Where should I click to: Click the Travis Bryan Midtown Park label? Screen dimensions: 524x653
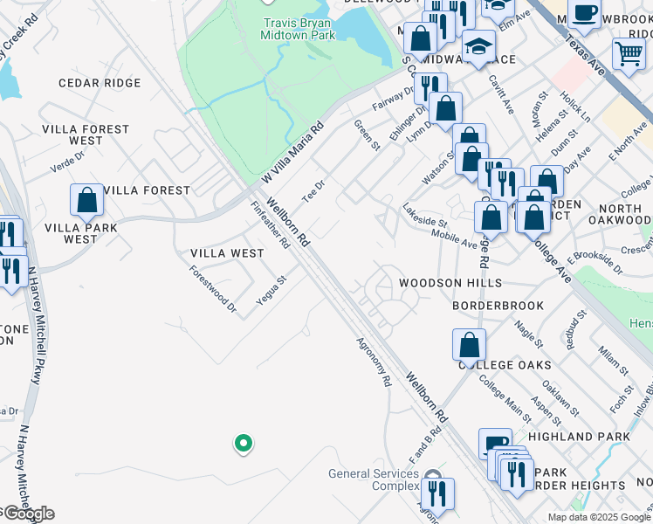click(x=298, y=29)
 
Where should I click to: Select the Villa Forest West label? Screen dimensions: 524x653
click(x=86, y=134)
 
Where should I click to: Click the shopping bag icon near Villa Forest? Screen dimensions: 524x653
click(x=87, y=202)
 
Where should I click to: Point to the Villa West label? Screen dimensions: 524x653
click(x=227, y=253)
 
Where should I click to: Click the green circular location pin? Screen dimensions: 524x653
click(x=244, y=444)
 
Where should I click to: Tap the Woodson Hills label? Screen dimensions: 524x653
click(x=450, y=283)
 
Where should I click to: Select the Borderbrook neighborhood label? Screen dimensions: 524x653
click(x=498, y=306)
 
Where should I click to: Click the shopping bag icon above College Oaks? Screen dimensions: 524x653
click(x=469, y=345)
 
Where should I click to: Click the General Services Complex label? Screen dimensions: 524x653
click(x=375, y=479)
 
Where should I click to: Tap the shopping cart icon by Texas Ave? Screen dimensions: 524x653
click(x=629, y=54)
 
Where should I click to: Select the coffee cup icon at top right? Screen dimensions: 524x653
click(x=584, y=15)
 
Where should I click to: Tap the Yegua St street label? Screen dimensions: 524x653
click(x=271, y=291)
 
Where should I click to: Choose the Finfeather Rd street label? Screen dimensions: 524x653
click(x=270, y=225)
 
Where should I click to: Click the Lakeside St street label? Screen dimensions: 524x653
click(x=425, y=217)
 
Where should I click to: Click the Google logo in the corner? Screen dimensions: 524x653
click(x=28, y=514)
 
